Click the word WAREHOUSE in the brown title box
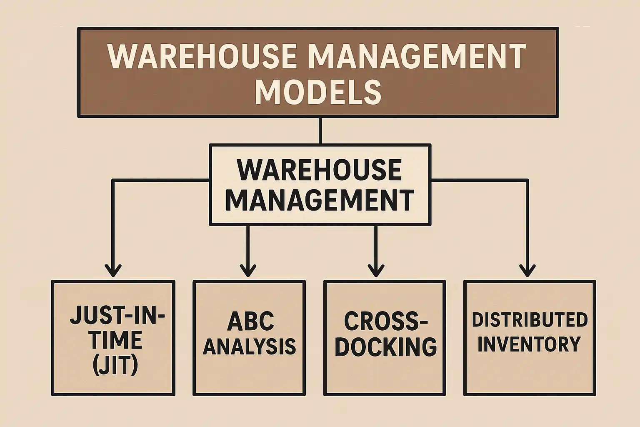click(x=202, y=57)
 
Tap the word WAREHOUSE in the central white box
click(x=319, y=170)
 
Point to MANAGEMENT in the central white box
click(x=319, y=200)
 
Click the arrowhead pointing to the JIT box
click(x=112, y=270)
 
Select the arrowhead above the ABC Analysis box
click(x=248, y=270)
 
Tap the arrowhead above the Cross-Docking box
click(x=376, y=270)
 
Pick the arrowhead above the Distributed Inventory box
click(x=528, y=270)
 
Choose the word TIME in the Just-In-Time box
click(x=116, y=341)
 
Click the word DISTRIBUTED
click(x=530, y=320)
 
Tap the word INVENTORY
click(x=529, y=344)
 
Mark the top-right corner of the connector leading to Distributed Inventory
click(x=528, y=180)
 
